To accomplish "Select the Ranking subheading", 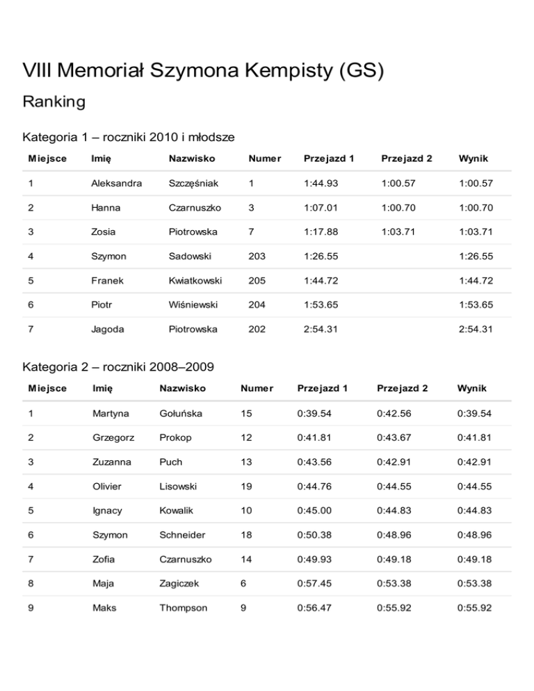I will point(54,102).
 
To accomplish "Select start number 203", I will point(257,256).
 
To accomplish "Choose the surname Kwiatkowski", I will point(195,280).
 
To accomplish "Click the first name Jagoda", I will point(108,329).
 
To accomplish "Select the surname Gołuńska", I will point(181,414).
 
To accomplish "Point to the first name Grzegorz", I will point(113,438).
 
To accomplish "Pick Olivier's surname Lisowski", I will point(178,487).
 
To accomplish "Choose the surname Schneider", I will point(183,535).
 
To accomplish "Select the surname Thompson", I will point(184,608).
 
